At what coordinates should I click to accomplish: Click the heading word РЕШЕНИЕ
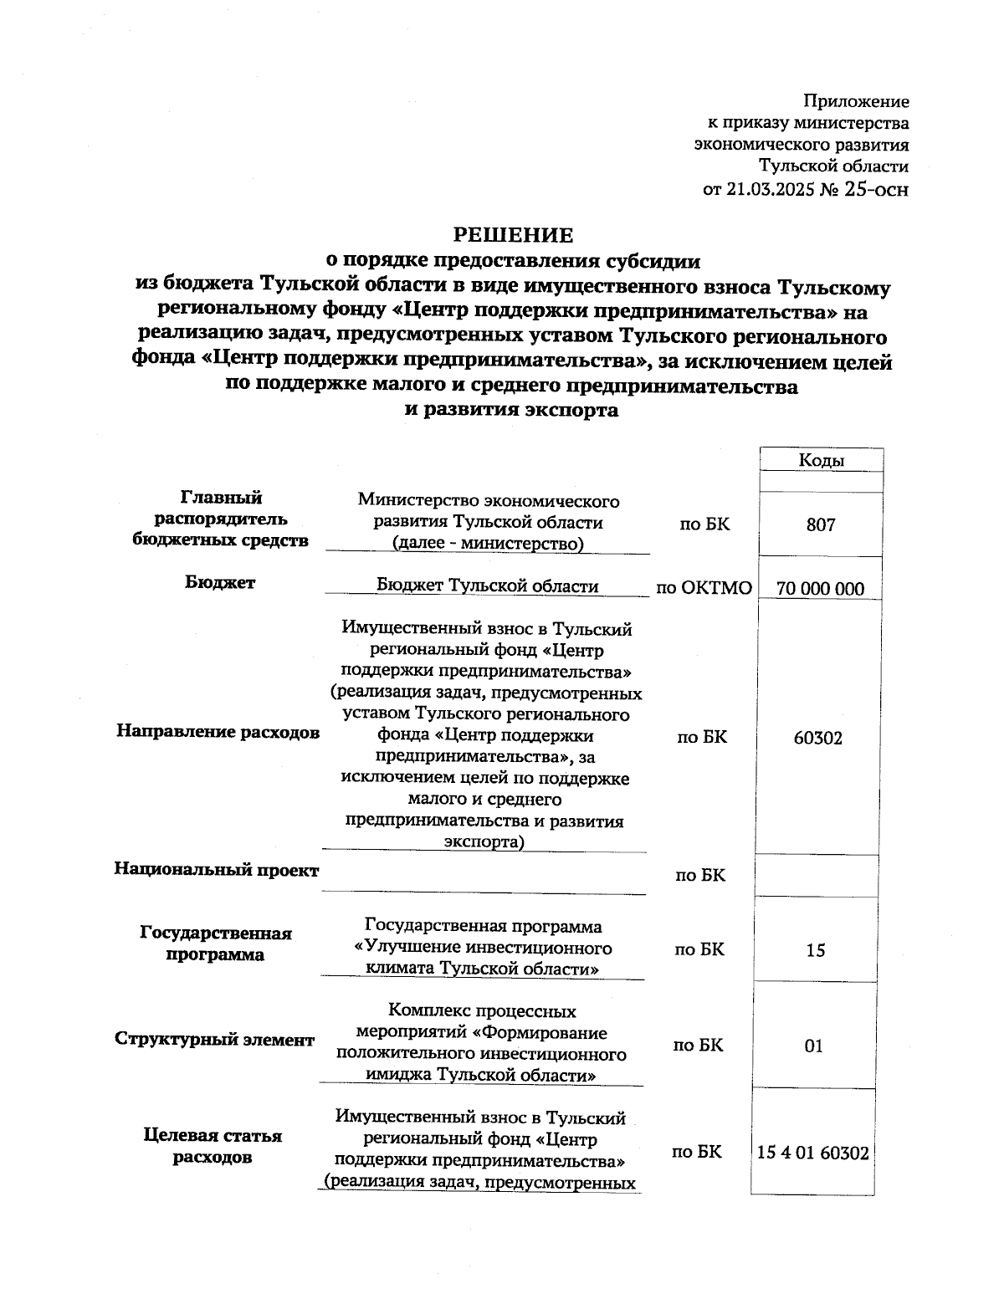(513, 235)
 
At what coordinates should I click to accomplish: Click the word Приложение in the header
(856, 102)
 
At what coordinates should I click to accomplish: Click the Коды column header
(821, 461)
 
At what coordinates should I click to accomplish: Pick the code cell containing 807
(821, 524)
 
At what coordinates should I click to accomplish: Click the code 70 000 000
(820, 589)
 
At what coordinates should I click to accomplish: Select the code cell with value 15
(815, 950)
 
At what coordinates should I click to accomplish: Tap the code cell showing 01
(813, 1046)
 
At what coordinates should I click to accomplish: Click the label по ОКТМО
(704, 588)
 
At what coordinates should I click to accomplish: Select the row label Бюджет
(220, 583)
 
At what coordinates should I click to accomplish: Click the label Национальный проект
(217, 870)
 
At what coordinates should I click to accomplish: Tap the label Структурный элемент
(214, 1040)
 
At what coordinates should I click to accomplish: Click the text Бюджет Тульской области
(487, 586)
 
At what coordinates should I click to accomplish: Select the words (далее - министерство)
(488, 544)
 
